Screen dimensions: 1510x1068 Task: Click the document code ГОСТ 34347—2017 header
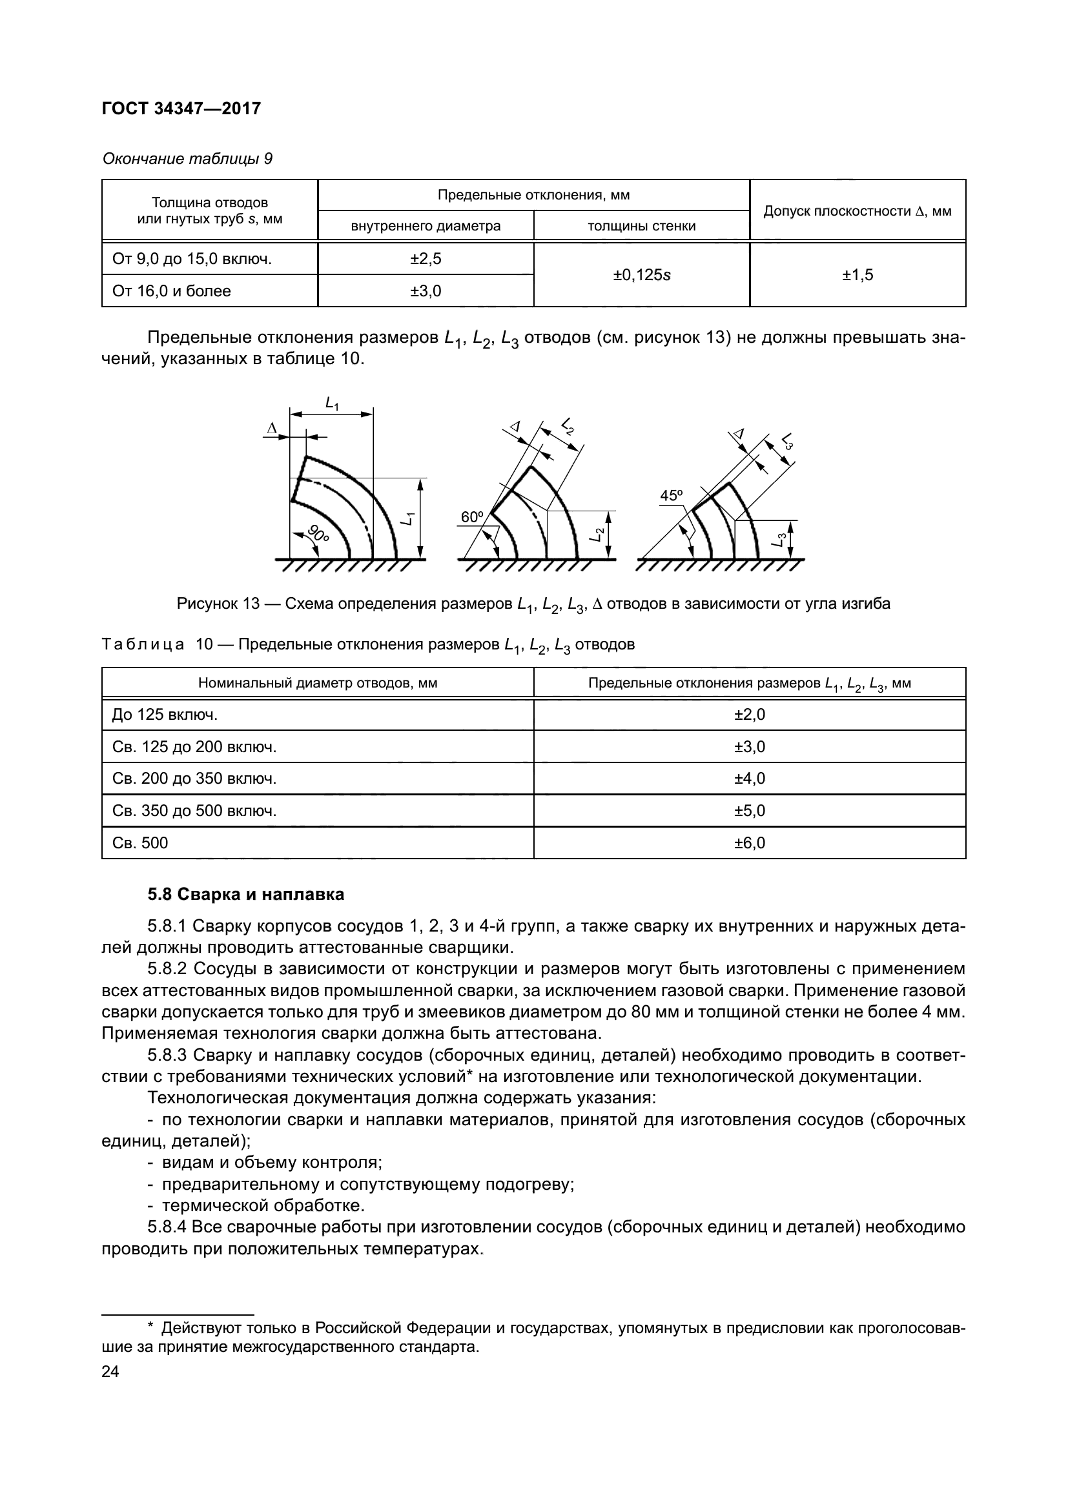pyautogui.click(x=181, y=108)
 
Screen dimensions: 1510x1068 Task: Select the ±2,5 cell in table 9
pyautogui.click(x=426, y=259)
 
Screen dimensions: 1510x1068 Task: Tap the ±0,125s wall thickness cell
pyautogui.click(x=641, y=275)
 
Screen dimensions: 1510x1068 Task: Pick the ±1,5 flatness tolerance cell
pyautogui.click(x=857, y=275)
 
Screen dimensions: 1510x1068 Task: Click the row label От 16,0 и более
pyautogui.click(x=172, y=291)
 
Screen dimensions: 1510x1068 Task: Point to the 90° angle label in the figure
pyautogui.click(x=318, y=534)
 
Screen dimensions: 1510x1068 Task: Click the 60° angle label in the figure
pyautogui.click(x=471, y=518)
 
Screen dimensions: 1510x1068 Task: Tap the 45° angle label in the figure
pyautogui.click(x=672, y=496)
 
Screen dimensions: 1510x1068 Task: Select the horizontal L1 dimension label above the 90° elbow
pyautogui.click(x=332, y=403)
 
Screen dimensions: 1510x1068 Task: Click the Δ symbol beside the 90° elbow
pyautogui.click(x=271, y=429)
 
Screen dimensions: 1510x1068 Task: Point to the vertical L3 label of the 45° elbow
pyautogui.click(x=779, y=540)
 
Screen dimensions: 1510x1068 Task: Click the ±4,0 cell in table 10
pyautogui.click(x=750, y=779)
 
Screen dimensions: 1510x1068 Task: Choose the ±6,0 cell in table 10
pyautogui.click(x=750, y=843)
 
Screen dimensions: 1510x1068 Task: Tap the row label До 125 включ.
pyautogui.click(x=165, y=715)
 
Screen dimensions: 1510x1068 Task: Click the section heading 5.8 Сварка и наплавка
pyautogui.click(x=245, y=894)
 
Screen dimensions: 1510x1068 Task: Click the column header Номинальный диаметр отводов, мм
pyautogui.click(x=318, y=683)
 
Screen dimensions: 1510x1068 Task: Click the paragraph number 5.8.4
pyautogui.click(x=169, y=1227)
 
